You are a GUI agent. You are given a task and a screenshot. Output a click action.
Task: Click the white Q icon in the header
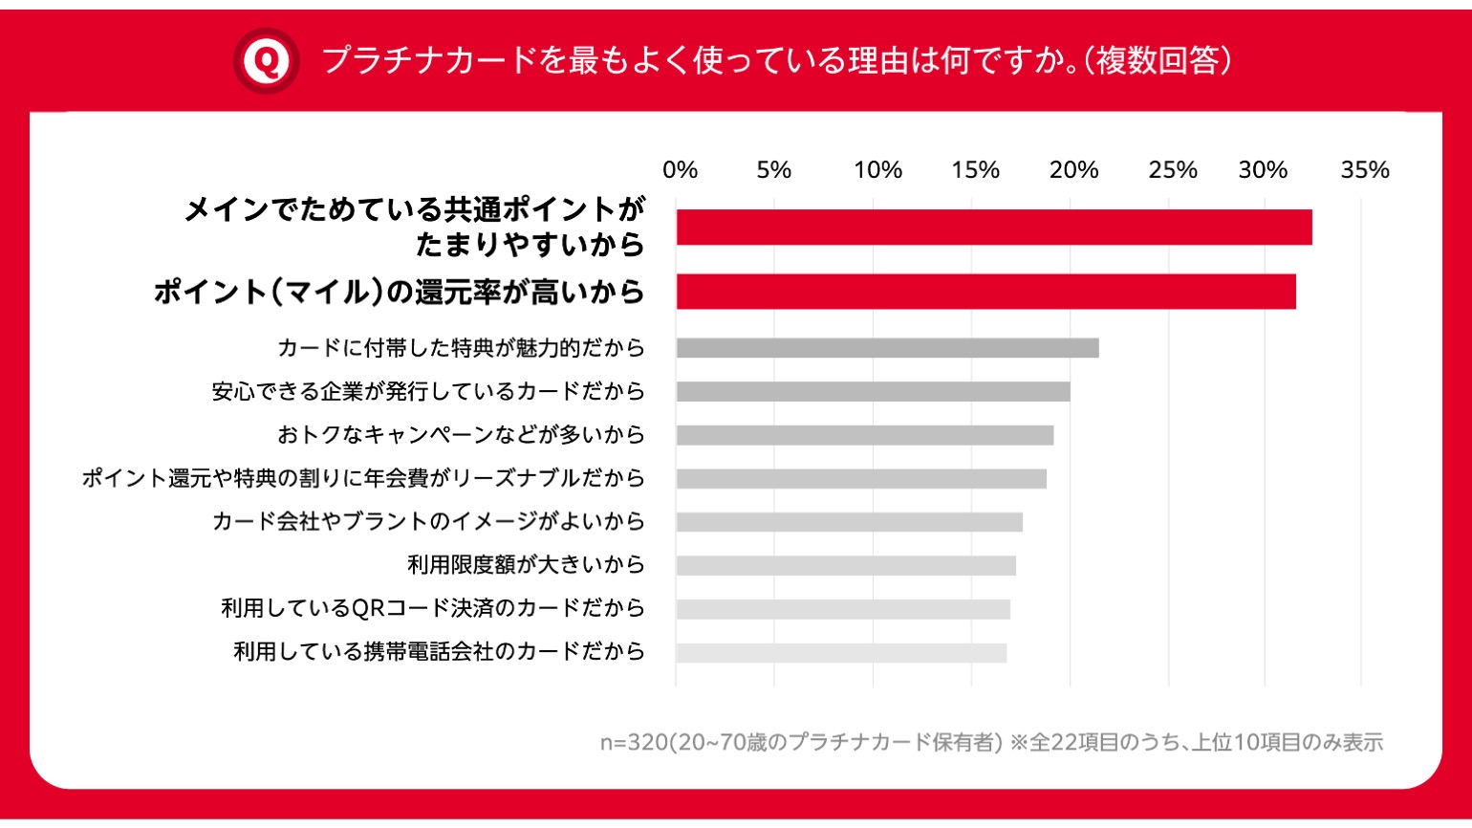pyautogui.click(x=266, y=61)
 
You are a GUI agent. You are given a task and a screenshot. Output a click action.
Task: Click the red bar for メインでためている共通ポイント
pyautogui.click(x=994, y=228)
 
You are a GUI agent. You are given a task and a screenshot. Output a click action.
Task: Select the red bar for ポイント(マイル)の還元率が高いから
pyautogui.click(x=985, y=292)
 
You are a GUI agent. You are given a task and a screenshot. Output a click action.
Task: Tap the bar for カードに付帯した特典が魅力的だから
pyautogui.click(x=887, y=348)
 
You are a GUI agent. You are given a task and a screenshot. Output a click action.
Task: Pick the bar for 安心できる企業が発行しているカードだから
pyautogui.click(x=873, y=391)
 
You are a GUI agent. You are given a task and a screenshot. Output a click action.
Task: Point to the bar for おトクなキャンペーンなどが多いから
pyautogui.click(x=864, y=435)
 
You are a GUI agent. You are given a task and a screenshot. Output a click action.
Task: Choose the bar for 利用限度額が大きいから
pyautogui.click(x=846, y=566)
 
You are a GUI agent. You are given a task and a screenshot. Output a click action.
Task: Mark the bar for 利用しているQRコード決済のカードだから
pyautogui.click(x=843, y=609)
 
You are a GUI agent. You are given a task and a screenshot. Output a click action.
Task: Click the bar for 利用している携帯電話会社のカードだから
pyautogui.click(x=841, y=653)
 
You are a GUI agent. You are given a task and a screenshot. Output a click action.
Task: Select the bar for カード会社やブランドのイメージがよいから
pyautogui.click(x=849, y=522)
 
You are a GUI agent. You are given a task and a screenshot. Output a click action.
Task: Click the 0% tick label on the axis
pyautogui.click(x=680, y=170)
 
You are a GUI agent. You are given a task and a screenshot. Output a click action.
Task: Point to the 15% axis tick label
pyautogui.click(x=975, y=170)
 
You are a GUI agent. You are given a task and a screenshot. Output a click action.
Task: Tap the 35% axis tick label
pyautogui.click(x=1364, y=170)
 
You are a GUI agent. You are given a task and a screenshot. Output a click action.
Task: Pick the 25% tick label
pyautogui.click(x=1173, y=170)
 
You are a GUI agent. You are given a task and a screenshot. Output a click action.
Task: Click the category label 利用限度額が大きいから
pyautogui.click(x=526, y=565)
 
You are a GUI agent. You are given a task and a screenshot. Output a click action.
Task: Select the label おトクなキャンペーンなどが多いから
pyautogui.click(x=461, y=435)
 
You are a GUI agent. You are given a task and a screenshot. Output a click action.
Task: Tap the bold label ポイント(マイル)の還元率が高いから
pyautogui.click(x=399, y=292)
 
